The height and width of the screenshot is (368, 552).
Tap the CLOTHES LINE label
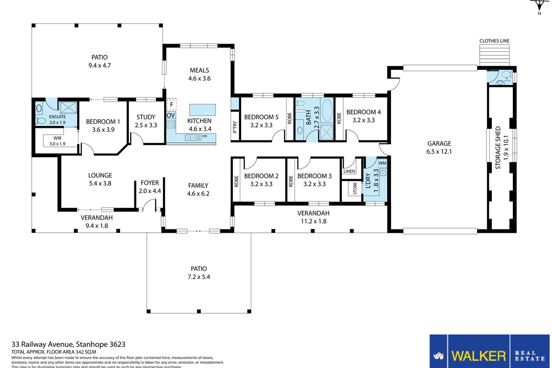(x=494, y=41)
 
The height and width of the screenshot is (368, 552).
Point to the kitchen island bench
(x=202, y=109)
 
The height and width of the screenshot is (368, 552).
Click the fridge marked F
(x=172, y=104)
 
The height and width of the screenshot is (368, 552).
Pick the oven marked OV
(x=171, y=115)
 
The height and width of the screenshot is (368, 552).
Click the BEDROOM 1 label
(x=103, y=121)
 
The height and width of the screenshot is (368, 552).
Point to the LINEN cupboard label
(x=349, y=172)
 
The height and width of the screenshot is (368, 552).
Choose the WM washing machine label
(x=382, y=163)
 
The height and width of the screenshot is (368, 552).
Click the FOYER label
(x=149, y=183)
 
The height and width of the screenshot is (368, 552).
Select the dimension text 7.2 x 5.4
(x=199, y=277)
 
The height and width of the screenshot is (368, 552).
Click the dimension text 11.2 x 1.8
(x=314, y=220)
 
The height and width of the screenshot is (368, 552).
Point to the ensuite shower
(x=69, y=108)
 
